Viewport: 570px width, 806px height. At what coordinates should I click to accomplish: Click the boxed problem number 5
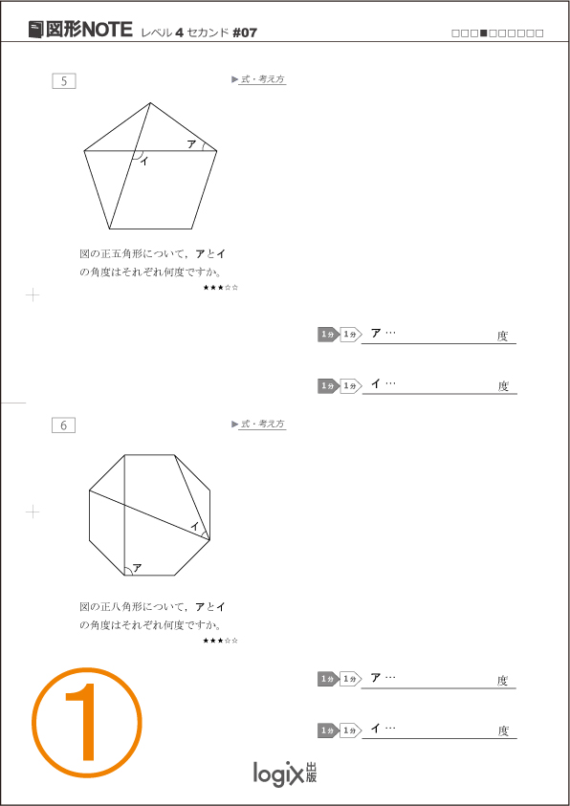(64, 81)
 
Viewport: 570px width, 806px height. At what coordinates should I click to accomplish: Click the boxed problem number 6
(64, 425)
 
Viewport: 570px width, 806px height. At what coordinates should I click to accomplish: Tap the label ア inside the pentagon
(191, 144)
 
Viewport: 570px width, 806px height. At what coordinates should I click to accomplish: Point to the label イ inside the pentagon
(144, 162)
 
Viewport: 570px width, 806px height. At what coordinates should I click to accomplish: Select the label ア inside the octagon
(137, 568)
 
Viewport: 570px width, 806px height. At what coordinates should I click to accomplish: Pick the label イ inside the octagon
(195, 526)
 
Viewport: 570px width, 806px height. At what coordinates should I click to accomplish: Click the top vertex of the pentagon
(150, 103)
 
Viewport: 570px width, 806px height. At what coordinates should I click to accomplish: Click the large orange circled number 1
(86, 723)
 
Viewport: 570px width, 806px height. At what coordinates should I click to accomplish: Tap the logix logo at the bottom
(285, 773)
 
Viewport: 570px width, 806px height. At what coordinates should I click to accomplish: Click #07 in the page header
(245, 33)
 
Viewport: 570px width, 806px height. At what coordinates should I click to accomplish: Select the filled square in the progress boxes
(483, 33)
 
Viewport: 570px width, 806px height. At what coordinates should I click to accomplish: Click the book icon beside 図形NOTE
(35, 30)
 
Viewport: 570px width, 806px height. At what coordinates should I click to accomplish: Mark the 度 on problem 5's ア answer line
(502, 337)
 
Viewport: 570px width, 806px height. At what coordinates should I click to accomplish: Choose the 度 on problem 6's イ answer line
(503, 731)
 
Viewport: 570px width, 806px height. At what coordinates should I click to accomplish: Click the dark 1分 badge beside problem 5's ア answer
(328, 335)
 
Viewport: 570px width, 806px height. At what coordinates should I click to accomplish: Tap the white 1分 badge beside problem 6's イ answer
(351, 730)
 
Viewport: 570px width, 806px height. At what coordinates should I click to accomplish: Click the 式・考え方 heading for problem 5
(263, 79)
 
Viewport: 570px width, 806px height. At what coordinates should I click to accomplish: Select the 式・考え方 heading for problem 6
(263, 425)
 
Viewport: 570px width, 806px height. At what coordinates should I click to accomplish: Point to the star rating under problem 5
(221, 288)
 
